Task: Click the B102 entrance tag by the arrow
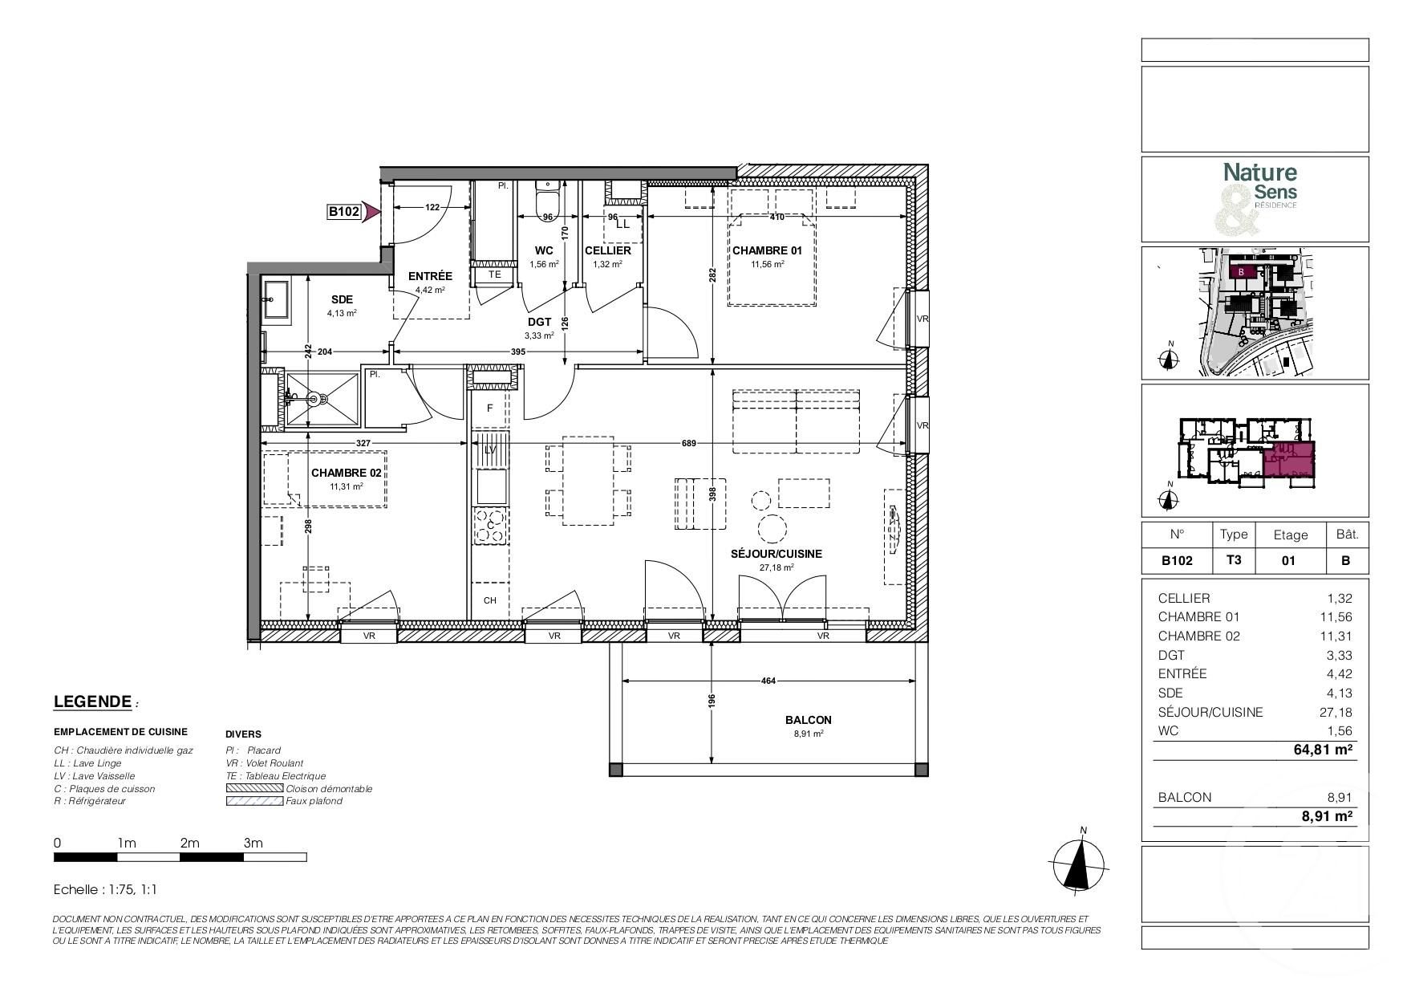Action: [x=343, y=212]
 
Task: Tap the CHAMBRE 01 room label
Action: [x=766, y=250]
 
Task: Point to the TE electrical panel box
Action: [x=495, y=274]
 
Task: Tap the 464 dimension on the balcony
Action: [x=768, y=681]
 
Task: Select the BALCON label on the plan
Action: [x=808, y=720]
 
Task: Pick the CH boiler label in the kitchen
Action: [x=489, y=600]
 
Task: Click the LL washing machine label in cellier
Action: [x=622, y=225]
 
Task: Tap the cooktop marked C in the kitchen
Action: [x=489, y=526]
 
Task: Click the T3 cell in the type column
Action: [x=1233, y=560]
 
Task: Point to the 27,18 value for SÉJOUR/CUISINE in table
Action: [x=1336, y=712]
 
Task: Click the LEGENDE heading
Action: [x=92, y=701]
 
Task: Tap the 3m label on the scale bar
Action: [x=253, y=843]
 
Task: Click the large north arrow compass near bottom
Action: [x=1083, y=865]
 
